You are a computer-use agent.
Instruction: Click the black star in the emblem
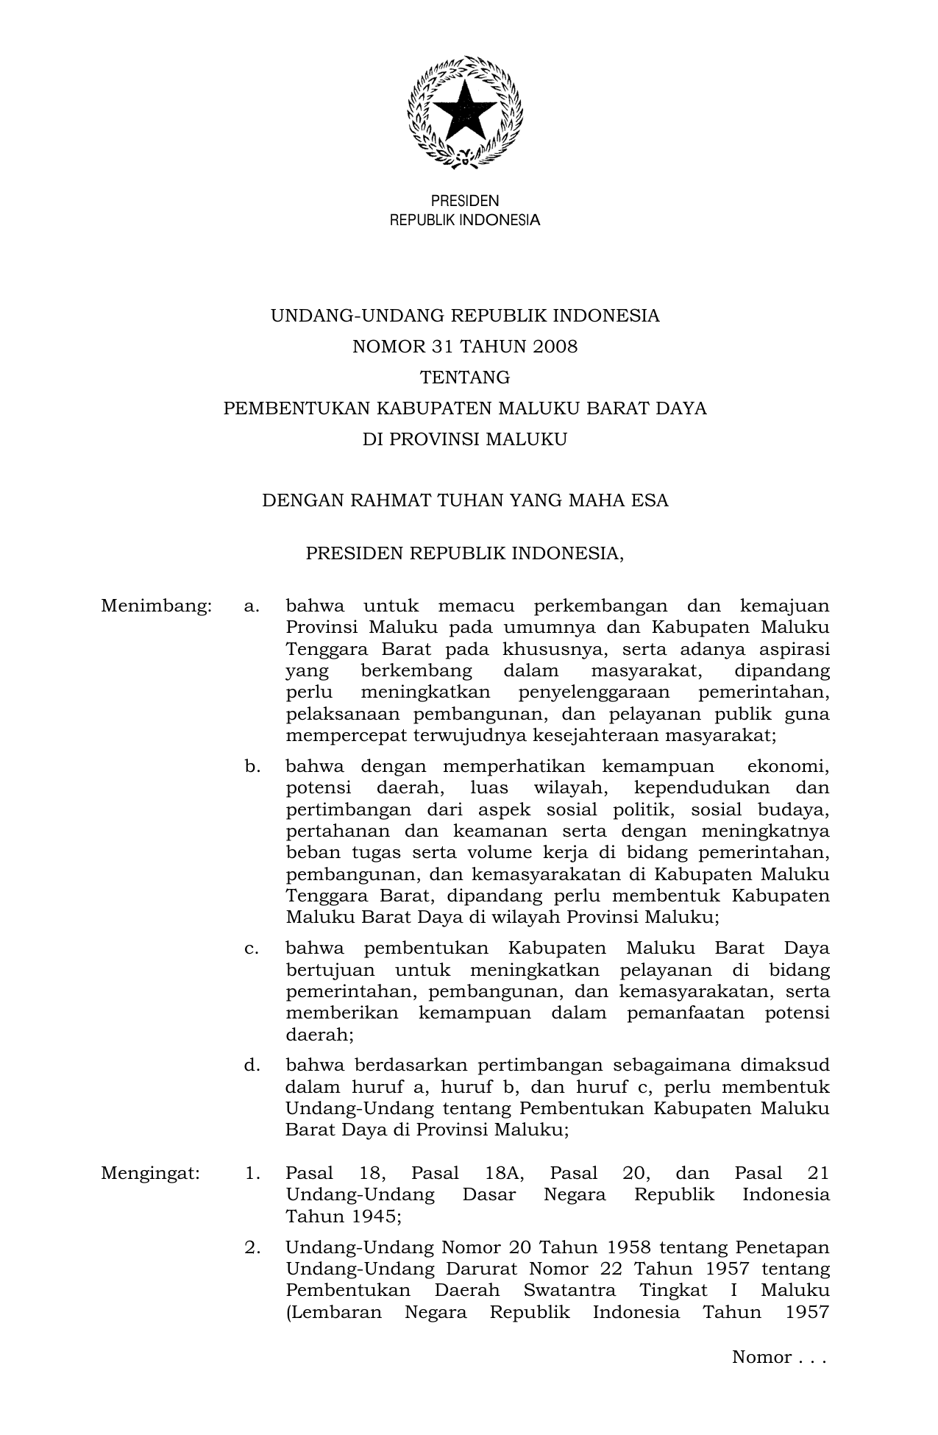(x=465, y=111)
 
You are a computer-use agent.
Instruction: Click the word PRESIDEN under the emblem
(x=464, y=201)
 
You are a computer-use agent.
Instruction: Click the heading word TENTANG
(x=465, y=378)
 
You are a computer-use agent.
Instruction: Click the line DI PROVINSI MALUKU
(x=465, y=439)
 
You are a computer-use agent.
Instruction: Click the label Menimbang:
(x=156, y=606)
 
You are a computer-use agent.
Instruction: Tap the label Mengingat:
(x=150, y=1173)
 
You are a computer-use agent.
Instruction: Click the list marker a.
(x=252, y=606)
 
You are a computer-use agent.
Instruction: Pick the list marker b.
(x=252, y=767)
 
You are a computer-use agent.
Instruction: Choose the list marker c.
(x=252, y=949)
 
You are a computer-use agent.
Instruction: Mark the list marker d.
(x=252, y=1066)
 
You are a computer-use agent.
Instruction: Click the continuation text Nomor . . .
(x=761, y=1358)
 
